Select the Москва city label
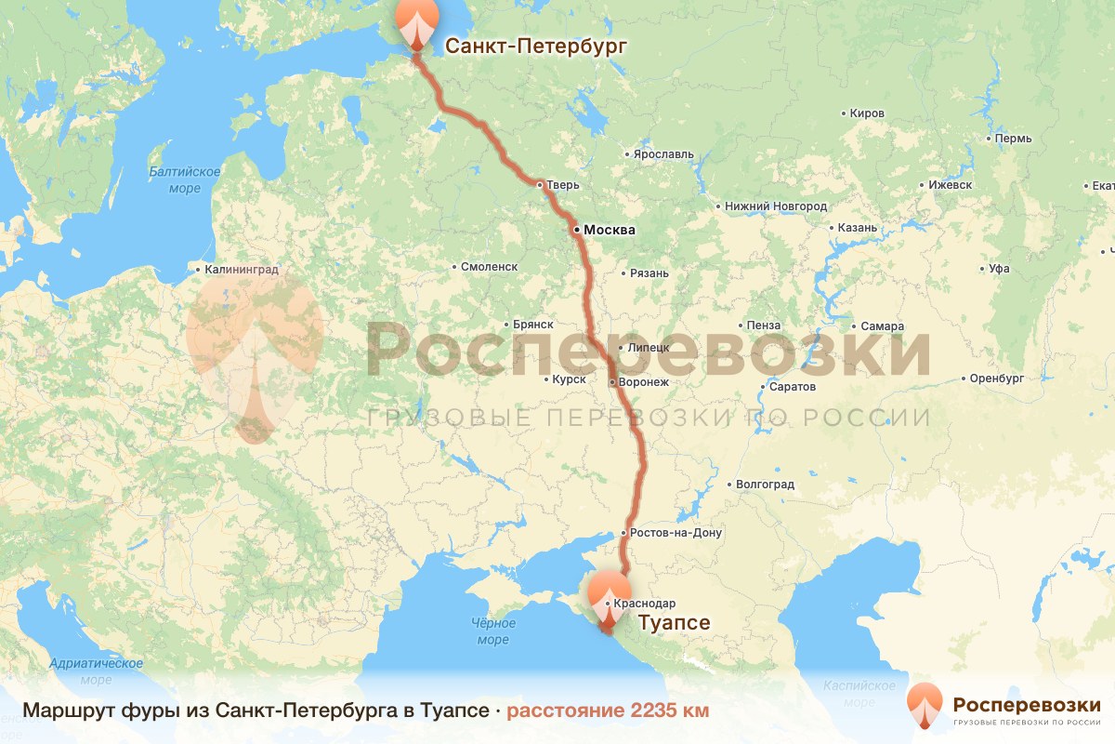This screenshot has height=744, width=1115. pos(609,230)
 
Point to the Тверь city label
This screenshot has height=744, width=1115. pos(562,185)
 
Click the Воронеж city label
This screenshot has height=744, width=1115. pos(645,382)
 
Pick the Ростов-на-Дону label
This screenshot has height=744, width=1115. pos(676,533)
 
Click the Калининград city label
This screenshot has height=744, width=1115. pos(242,271)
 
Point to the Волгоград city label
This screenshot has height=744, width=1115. pos(765,485)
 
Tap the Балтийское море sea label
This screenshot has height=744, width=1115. pos(185,180)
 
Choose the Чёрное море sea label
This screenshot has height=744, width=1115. pos(492,631)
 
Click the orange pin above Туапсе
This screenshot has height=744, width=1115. pos(607,591)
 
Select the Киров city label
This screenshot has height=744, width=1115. pos(867,113)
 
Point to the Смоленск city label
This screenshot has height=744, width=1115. pos(489,267)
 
